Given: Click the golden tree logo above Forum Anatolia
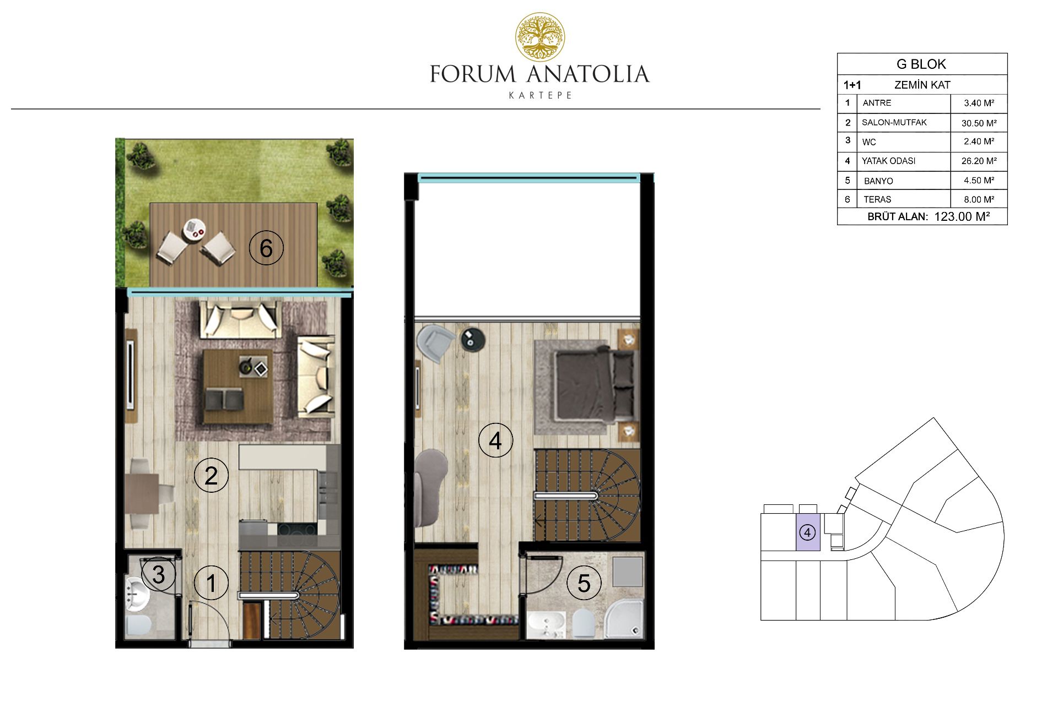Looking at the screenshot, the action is [x=540, y=37].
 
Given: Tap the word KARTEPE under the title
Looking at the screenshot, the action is [x=540, y=95].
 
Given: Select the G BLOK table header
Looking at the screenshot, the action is [x=921, y=64].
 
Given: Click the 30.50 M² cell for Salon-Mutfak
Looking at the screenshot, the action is [x=979, y=123].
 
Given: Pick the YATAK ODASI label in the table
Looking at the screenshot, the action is [x=888, y=161].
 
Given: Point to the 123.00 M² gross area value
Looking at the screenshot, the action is [x=962, y=216].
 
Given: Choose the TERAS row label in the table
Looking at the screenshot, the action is [x=877, y=199].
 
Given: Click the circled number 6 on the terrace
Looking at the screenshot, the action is [x=266, y=248].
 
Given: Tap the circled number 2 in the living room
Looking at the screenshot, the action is [x=211, y=475].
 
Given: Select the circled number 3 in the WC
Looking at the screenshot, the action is [x=158, y=574].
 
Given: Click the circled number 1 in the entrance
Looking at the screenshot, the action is [x=211, y=583].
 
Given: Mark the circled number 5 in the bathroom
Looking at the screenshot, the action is [x=584, y=583].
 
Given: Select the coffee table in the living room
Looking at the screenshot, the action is [x=237, y=387].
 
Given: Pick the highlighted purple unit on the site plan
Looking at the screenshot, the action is [x=808, y=532].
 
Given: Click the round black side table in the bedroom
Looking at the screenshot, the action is [x=472, y=339].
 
